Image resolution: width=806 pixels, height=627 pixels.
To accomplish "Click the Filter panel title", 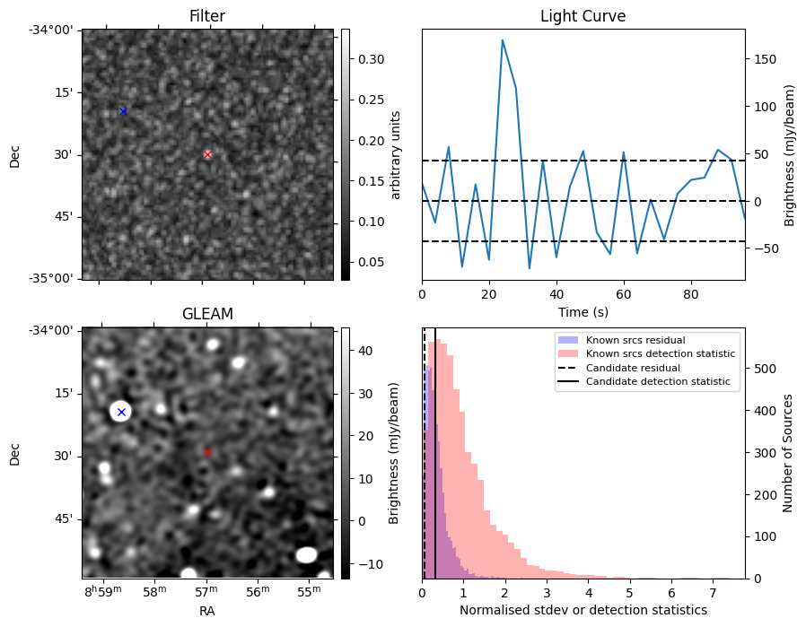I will (207, 17).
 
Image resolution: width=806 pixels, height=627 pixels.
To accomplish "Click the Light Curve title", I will (583, 17).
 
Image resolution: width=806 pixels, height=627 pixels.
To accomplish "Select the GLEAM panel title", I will (207, 314).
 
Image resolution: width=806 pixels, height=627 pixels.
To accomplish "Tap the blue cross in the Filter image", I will (123, 111).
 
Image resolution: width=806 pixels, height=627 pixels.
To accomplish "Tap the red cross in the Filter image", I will (207, 154).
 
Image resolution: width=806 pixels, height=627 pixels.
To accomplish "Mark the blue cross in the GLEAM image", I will (121, 412).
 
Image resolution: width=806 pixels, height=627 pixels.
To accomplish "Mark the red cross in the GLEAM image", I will (207, 452).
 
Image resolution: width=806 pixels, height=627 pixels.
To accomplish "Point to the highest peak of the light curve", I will (503, 40).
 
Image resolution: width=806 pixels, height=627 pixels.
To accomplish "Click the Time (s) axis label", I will (583, 310).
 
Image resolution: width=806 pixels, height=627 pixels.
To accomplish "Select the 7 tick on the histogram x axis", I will (713, 592).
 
